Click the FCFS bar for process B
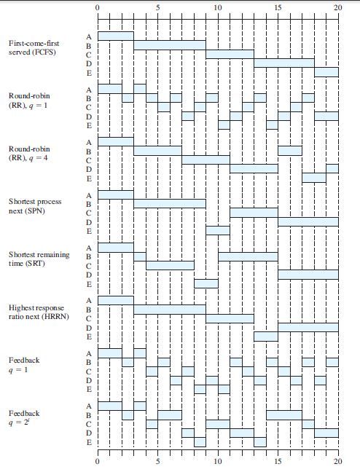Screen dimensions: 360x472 [x=170, y=45]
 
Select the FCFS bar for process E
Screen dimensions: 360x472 [x=326, y=72]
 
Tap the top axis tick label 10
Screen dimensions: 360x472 [x=218, y=7]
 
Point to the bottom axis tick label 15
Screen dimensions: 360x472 [x=278, y=462]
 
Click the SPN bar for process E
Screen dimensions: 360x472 [x=218, y=231]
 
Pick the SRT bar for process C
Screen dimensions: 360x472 [x=170, y=265]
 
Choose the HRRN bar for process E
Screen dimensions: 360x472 [x=266, y=337]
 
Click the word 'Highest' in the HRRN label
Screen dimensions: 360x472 [x=21, y=308]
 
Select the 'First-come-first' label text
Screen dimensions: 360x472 [x=34, y=44]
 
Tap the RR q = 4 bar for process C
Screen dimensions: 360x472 [x=206, y=160]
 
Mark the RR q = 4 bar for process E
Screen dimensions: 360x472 [x=314, y=178]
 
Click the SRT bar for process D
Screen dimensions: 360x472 [x=308, y=275]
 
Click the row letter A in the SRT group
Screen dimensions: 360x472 [x=89, y=248]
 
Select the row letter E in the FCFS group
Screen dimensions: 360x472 [x=89, y=73]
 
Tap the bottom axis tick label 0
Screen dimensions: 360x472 [x=97, y=462]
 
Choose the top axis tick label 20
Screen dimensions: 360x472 [x=338, y=7]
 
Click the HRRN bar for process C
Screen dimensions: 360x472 [x=230, y=318]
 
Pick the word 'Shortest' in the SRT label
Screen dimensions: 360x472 [x=23, y=255]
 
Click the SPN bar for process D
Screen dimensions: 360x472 [x=308, y=221]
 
